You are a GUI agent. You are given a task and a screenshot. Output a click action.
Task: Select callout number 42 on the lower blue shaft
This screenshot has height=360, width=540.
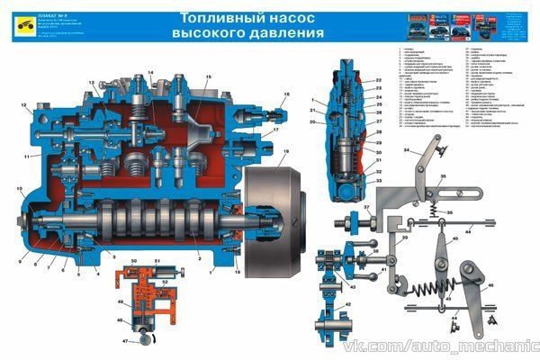click(346, 305)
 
